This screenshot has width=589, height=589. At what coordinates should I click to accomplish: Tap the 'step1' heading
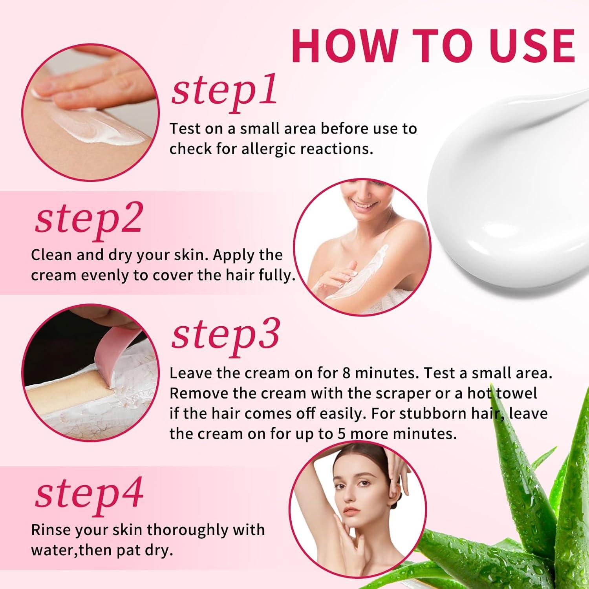click(x=224, y=91)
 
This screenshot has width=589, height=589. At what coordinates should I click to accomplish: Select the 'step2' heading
click(x=88, y=219)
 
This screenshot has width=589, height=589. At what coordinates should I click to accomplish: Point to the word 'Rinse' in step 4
click(x=51, y=530)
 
